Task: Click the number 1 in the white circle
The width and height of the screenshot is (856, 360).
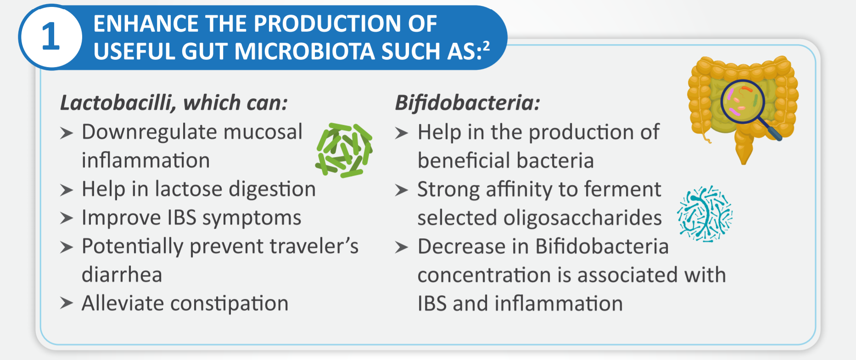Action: [x=50, y=37]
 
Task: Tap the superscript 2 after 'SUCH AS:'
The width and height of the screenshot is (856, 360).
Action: [x=486, y=45]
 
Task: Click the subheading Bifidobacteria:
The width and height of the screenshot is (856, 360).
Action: [x=467, y=102]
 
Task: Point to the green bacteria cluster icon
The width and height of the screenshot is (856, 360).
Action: [x=344, y=150]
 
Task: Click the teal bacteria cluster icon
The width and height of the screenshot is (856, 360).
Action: [x=705, y=214]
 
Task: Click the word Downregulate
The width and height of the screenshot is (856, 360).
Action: [x=146, y=132]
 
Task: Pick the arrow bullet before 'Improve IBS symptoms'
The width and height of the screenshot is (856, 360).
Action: [x=67, y=218]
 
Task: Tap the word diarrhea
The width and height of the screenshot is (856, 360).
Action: [x=122, y=275]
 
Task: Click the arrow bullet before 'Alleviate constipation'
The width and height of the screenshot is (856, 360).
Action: [x=67, y=303]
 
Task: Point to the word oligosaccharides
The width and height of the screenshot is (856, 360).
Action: [x=582, y=218]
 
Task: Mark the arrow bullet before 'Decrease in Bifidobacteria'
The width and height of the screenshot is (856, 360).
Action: [x=402, y=247]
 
